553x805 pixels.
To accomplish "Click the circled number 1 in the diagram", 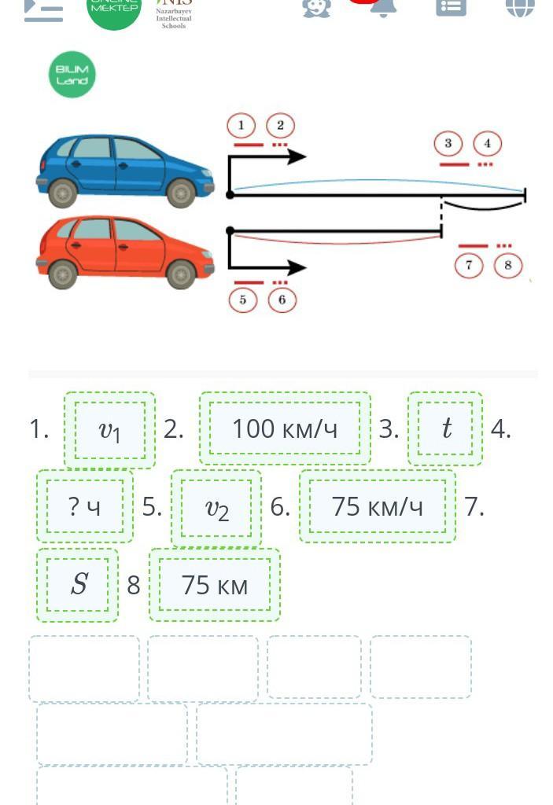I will (241, 125).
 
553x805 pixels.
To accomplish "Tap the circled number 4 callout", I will (488, 143).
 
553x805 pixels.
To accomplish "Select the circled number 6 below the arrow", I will (282, 300).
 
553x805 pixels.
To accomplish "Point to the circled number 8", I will (507, 265).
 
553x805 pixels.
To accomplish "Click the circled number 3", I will (448, 143).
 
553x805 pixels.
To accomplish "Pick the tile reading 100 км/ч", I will (285, 428).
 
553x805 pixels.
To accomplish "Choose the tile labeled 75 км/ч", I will (377, 506).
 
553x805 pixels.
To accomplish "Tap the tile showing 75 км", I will (214, 585).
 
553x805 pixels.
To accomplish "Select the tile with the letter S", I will (78, 584).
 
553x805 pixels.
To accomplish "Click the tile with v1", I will (110, 429).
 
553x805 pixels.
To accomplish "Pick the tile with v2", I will (216, 508).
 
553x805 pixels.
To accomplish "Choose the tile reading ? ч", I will (85, 506).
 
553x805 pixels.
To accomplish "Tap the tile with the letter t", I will (445, 428).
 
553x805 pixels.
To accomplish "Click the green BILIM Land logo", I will (72, 75).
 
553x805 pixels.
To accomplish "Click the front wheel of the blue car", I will (181, 192).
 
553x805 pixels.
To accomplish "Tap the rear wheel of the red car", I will (63, 274).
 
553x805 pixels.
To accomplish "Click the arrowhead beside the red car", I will (297, 267).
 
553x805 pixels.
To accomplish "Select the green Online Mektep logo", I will (114, 8).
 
